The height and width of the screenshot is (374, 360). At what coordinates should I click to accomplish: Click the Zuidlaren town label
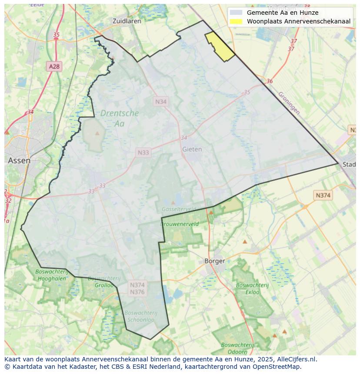point(126,21)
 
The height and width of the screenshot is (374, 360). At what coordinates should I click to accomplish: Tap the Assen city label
point(19,160)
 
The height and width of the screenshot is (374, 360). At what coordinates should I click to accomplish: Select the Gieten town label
point(192,149)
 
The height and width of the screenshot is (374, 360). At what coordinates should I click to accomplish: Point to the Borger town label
point(215,261)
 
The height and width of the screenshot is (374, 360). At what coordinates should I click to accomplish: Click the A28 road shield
point(54,66)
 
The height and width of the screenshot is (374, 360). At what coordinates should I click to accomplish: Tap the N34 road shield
point(161,101)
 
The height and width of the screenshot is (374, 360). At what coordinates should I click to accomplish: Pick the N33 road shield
point(143,152)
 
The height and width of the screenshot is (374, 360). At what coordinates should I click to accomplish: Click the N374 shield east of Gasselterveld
point(323,195)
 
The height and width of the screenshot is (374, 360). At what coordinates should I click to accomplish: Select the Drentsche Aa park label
point(120,118)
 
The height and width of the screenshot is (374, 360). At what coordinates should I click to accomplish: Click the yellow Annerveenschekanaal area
point(220,47)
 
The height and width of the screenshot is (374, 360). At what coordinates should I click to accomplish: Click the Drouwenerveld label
point(180,224)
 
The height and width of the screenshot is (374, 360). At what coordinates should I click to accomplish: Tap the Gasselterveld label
point(178,209)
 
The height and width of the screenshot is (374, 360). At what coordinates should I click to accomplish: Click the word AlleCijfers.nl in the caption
point(298,359)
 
